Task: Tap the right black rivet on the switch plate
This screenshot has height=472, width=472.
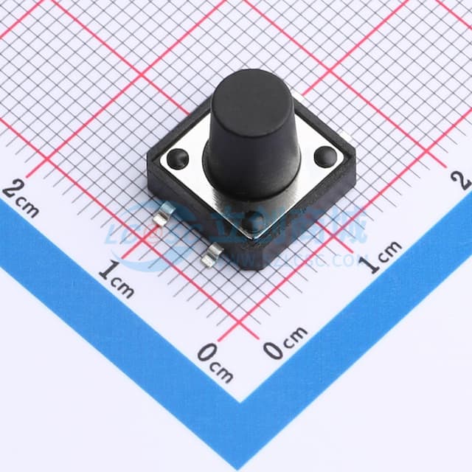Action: tap(324, 156)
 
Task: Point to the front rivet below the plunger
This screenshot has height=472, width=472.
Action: tap(253, 218)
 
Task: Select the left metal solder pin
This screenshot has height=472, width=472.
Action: tap(166, 215)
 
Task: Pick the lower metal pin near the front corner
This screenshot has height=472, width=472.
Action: tap(214, 254)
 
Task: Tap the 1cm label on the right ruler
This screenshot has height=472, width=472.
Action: tap(381, 257)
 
